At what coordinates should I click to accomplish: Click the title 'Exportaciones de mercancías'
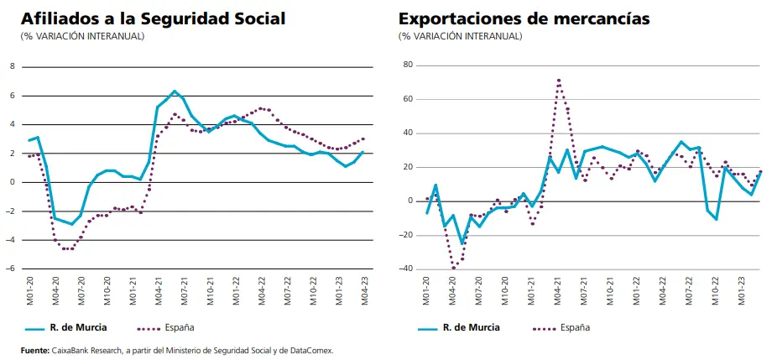[524, 18]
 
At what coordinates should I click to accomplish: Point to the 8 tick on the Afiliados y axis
[12, 65]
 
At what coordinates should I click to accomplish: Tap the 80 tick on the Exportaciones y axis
[408, 65]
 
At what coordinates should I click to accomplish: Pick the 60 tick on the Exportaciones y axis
[408, 99]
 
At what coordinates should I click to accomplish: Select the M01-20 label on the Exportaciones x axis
[427, 290]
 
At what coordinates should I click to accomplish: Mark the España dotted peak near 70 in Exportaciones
[559, 81]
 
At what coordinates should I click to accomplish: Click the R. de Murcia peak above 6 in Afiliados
[175, 91]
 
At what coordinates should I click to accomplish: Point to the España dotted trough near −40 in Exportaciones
[454, 268]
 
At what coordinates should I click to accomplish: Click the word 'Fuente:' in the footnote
[36, 350]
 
